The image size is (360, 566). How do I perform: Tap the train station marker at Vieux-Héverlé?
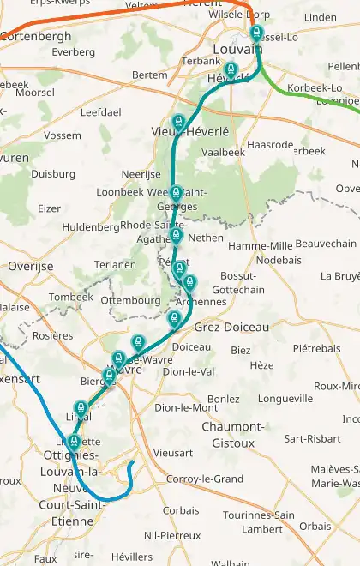click(x=179, y=123)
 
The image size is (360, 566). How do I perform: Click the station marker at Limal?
click(x=81, y=407)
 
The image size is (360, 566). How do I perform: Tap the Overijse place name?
click(x=31, y=267)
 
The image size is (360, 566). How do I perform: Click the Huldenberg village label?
click(x=91, y=227)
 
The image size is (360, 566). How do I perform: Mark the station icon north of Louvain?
click(x=255, y=33)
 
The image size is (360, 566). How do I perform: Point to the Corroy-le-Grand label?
click(x=205, y=479)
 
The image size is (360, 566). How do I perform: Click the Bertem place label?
click(x=150, y=75)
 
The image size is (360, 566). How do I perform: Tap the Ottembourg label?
click(x=130, y=301)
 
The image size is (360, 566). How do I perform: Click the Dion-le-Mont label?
click(x=186, y=408)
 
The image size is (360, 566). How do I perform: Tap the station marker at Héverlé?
click(x=231, y=70)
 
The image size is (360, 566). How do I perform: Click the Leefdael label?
click(x=101, y=112)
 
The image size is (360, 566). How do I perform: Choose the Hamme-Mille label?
click(x=261, y=246)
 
